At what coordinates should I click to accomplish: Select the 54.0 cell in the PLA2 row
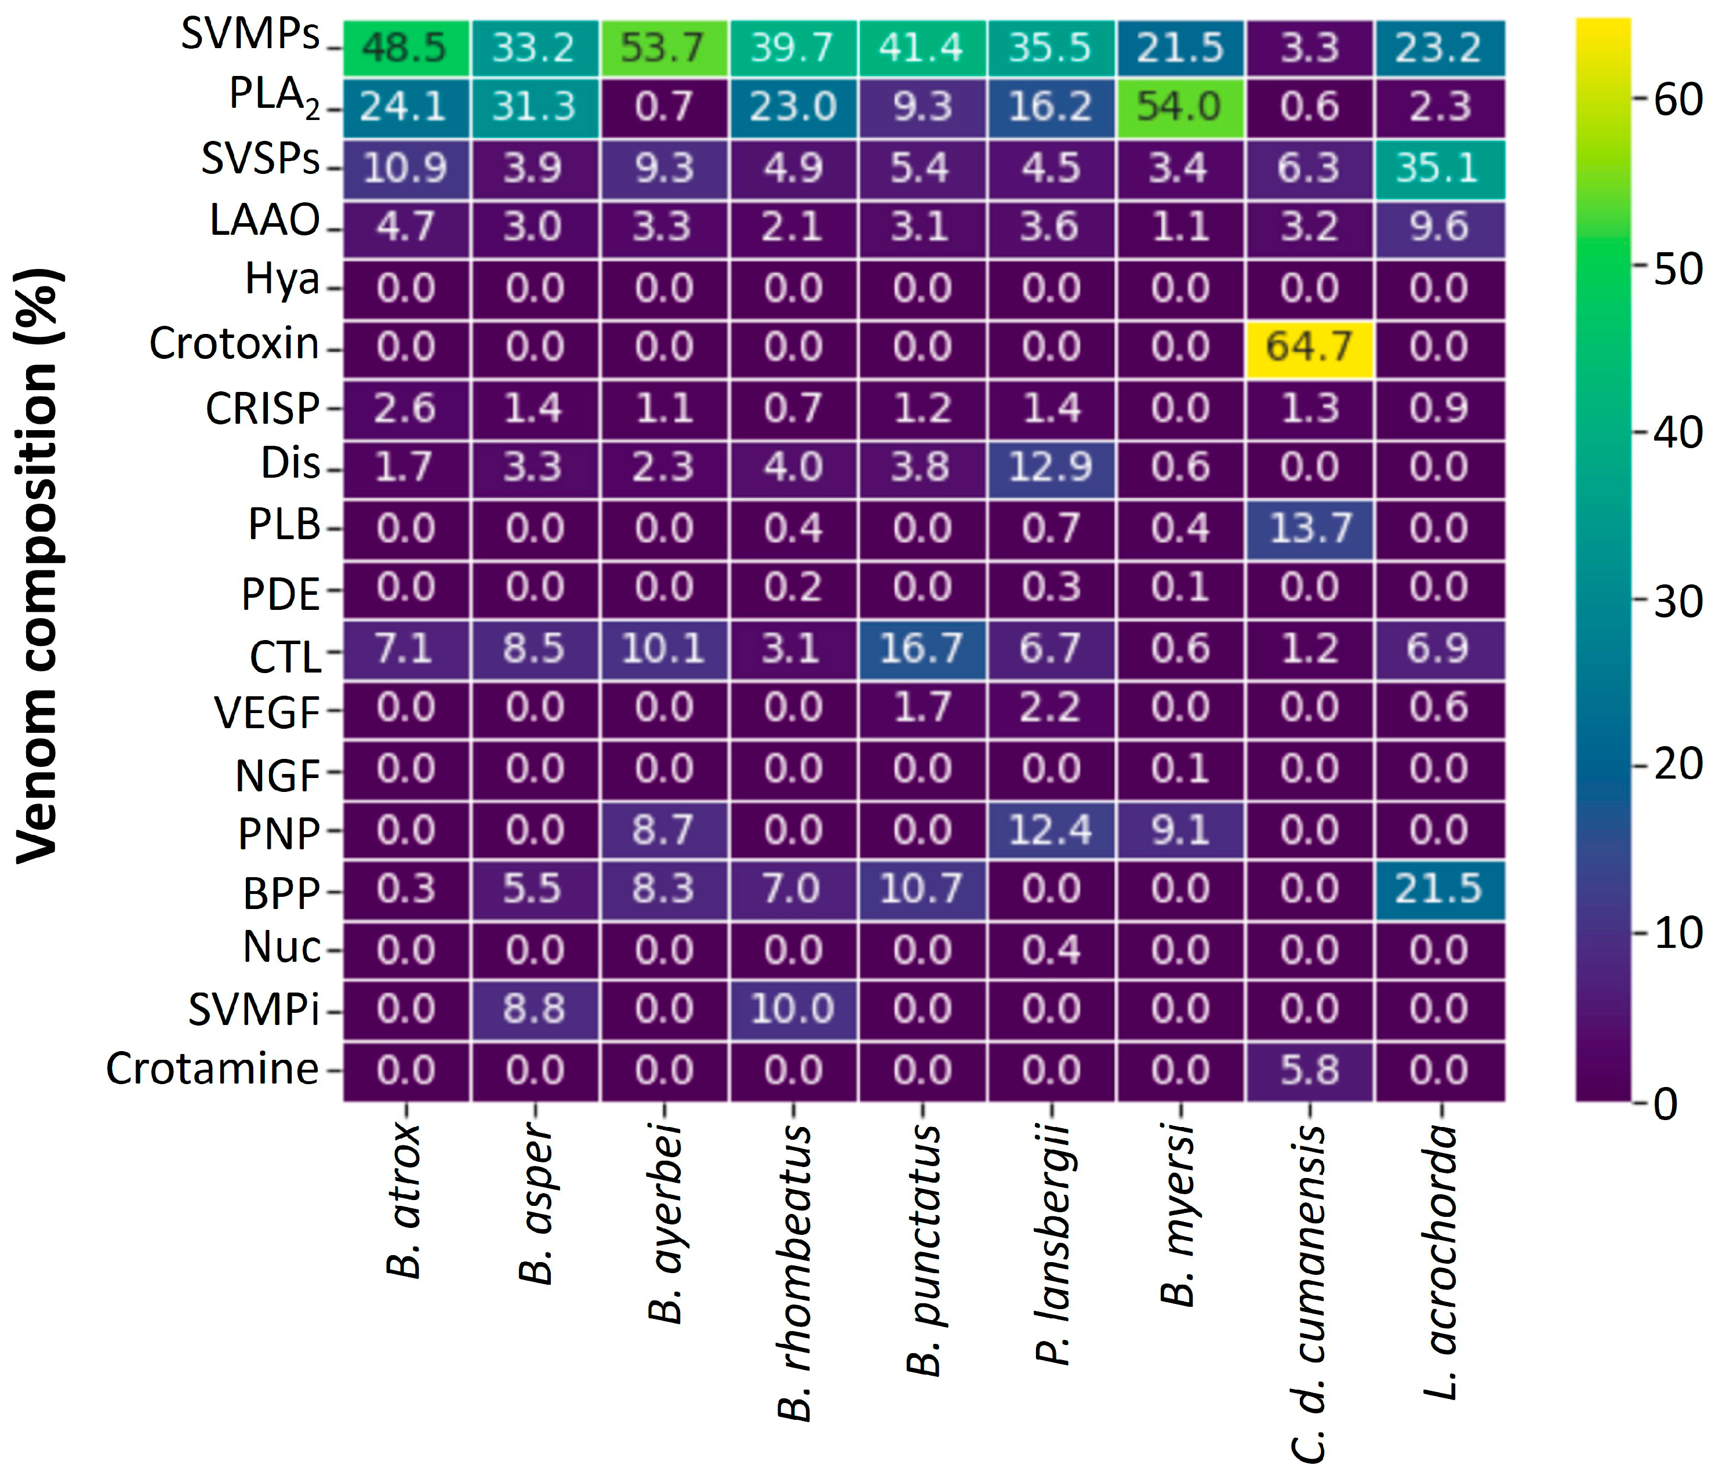[x=1179, y=108]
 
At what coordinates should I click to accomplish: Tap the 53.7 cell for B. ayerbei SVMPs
[x=663, y=48]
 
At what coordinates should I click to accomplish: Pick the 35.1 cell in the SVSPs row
[x=1438, y=169]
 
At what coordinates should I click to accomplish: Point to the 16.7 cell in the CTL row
[x=921, y=649]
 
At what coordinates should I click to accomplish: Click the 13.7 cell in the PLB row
[x=1309, y=529]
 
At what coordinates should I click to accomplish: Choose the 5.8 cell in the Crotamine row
[x=1309, y=1071]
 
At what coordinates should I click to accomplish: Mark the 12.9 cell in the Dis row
[x=1051, y=468]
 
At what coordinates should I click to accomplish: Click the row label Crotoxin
[x=234, y=344]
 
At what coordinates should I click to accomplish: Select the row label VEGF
[x=267, y=713]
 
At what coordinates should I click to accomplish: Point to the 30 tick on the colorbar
[x=1677, y=602]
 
